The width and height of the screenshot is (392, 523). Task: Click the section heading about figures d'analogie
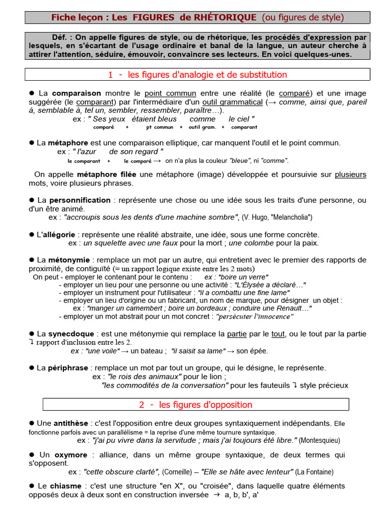tap(197, 75)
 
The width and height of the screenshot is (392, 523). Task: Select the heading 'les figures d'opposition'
tap(196, 405)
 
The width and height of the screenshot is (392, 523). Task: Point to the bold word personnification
tap(81, 200)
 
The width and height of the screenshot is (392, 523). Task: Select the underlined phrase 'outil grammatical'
tap(233, 102)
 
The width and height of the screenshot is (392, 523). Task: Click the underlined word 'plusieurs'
tap(350, 174)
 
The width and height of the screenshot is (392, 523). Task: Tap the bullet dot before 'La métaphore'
tap(32, 142)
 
